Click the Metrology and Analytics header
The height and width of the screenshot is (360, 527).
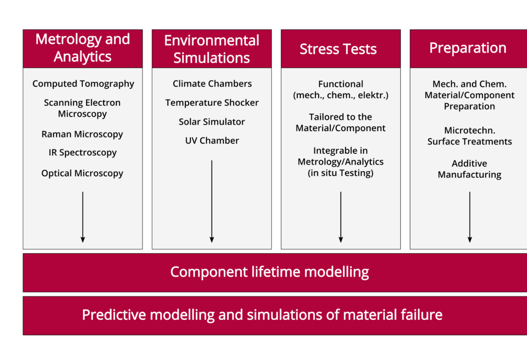pyautogui.click(x=83, y=48)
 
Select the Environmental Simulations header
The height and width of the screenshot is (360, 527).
pyautogui.click(x=212, y=49)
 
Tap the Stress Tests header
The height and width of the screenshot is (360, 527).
pyautogui.click(x=338, y=49)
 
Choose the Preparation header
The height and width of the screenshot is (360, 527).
pyautogui.click(x=468, y=48)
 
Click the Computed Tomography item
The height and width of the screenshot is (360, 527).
pyautogui.click(x=83, y=83)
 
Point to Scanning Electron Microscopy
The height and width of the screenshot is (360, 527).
pyautogui.click(x=82, y=108)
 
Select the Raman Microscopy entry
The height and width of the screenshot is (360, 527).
pyautogui.click(x=82, y=134)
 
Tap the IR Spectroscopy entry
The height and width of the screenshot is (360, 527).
pyautogui.click(x=83, y=153)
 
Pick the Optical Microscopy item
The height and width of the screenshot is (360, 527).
pyautogui.click(x=82, y=173)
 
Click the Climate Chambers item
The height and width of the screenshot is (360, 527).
pyautogui.click(x=212, y=83)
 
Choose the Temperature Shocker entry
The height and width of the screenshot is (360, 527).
pyautogui.click(x=212, y=103)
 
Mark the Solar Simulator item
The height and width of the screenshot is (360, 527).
pyautogui.click(x=212, y=122)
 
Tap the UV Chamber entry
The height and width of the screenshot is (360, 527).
pyautogui.click(x=212, y=140)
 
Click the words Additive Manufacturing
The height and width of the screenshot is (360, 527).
pyautogui.click(x=469, y=169)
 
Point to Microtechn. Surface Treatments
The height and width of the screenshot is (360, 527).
pyautogui.click(x=469, y=136)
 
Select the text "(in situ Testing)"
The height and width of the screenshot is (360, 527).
pyautogui.click(x=341, y=173)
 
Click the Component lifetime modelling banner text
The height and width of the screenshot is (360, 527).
pyautogui.click(x=270, y=272)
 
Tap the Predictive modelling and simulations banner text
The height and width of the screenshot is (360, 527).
pyautogui.click(x=262, y=315)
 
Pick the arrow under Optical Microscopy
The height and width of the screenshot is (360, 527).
pyautogui.click(x=83, y=217)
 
